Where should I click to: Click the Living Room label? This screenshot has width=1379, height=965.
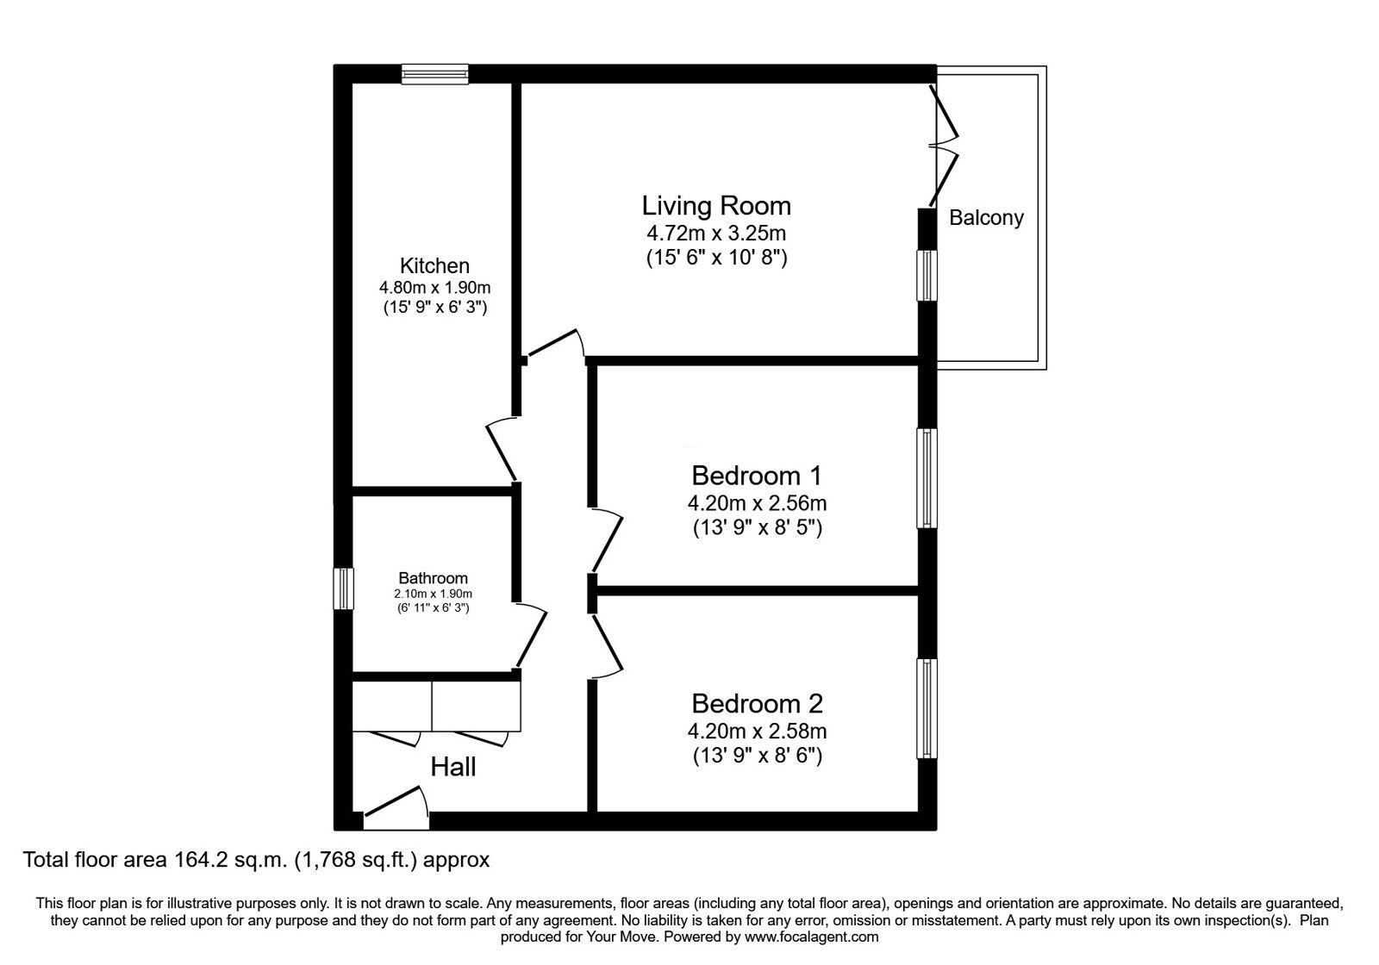(x=715, y=206)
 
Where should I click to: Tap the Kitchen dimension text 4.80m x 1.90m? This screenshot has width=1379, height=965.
(x=434, y=288)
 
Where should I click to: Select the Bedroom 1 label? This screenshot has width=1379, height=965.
(x=757, y=476)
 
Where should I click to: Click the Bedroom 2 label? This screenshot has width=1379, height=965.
(x=757, y=704)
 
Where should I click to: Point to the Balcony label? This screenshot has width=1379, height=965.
(x=986, y=218)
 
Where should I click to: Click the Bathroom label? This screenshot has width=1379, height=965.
(x=433, y=578)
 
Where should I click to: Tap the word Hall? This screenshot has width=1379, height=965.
(x=452, y=767)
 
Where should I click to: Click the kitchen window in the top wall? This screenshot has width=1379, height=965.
(x=435, y=74)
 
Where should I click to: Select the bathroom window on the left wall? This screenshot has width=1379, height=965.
(x=344, y=588)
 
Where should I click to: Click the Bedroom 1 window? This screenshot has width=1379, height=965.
(x=927, y=478)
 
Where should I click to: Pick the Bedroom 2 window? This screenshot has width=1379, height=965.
(x=927, y=708)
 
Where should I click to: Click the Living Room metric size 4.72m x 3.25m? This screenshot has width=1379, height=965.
(x=715, y=233)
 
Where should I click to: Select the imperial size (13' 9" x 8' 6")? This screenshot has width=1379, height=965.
(x=757, y=756)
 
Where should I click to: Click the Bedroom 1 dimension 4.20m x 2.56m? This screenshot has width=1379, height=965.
(x=757, y=502)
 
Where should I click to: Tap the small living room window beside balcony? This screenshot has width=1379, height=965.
(x=927, y=276)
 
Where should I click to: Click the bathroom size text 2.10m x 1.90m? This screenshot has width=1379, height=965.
(x=433, y=594)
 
